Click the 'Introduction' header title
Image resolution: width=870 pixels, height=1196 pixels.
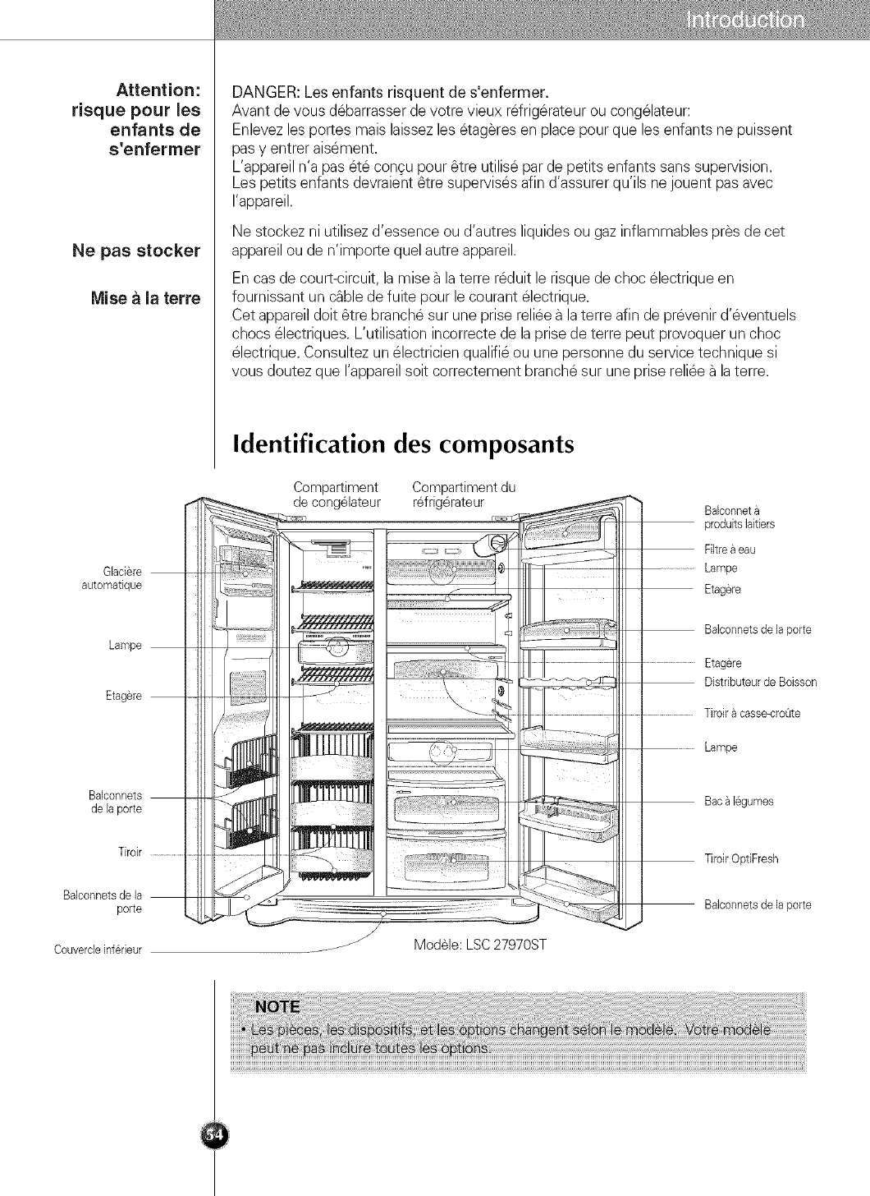(x=744, y=21)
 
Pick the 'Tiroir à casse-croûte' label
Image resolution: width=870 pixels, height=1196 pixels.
(x=752, y=713)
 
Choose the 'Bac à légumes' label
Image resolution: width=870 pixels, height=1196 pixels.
(x=739, y=802)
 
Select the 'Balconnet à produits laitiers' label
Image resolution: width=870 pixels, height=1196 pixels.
(x=739, y=518)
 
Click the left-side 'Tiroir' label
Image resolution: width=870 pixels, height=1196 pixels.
(x=131, y=852)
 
